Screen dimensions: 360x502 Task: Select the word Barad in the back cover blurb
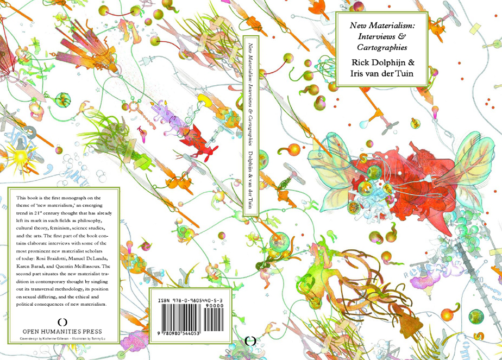click(x=46, y=267)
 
